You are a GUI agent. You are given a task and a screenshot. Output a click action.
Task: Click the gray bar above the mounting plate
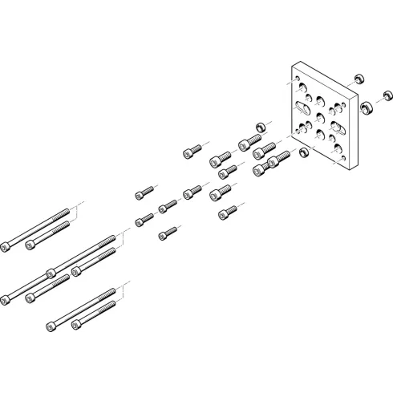(302, 59)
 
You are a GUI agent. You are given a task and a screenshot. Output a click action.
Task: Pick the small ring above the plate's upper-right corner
(359, 79)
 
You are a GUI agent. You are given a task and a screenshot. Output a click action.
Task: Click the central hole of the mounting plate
(319, 118)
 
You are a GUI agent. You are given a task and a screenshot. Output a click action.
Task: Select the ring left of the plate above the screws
(260, 128)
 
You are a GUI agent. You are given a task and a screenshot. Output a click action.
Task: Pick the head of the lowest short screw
(163, 233)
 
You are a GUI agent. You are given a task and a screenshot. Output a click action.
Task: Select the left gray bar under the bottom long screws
(52, 335)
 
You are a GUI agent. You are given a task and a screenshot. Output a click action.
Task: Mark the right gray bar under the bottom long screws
(77, 335)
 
